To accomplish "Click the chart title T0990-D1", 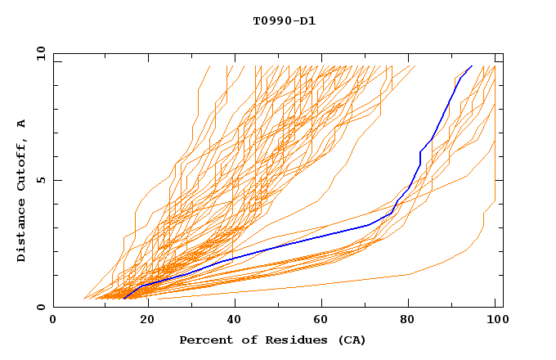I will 284,21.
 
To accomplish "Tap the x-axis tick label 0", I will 53,320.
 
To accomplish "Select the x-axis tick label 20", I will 141,320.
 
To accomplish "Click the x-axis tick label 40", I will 230,320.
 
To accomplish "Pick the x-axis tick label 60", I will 318,320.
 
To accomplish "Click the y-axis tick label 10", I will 40,53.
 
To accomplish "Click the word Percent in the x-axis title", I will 204,340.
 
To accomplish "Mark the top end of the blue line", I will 472,65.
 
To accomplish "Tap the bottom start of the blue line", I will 123,299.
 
